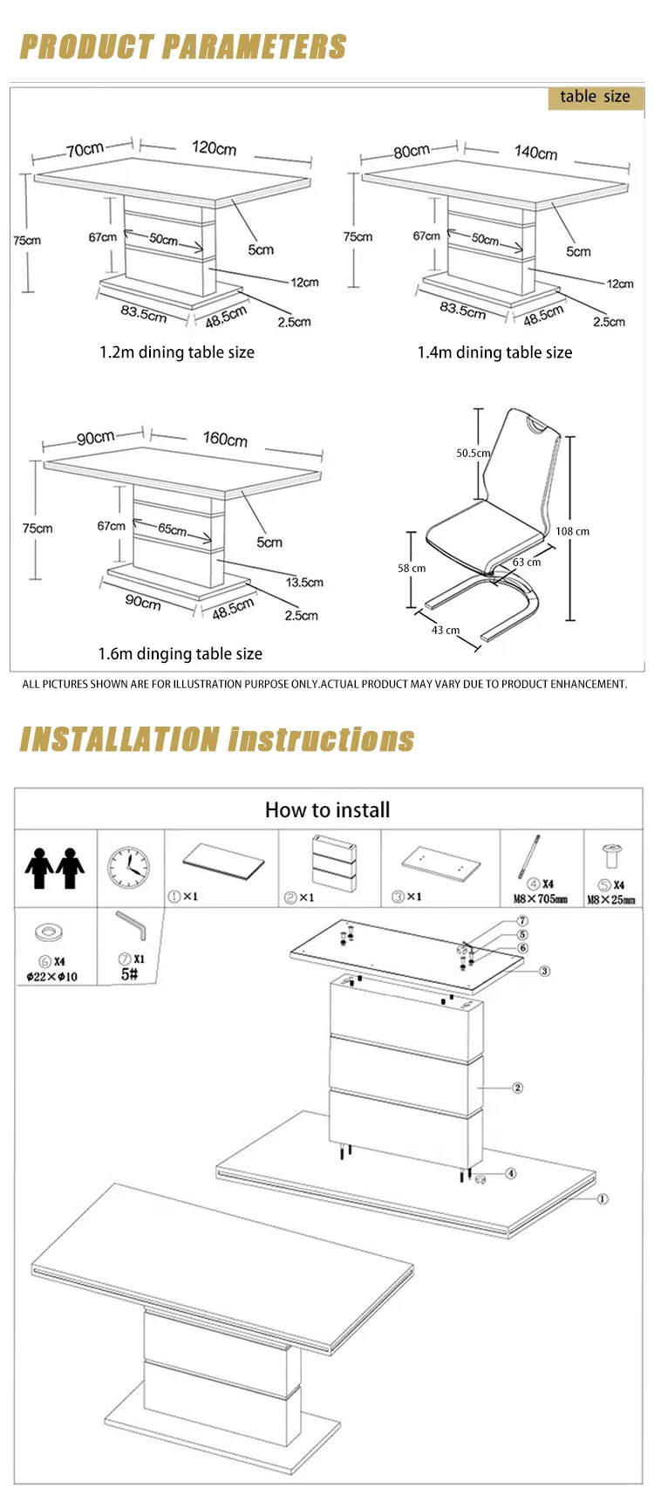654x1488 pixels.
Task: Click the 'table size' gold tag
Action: click(596, 98)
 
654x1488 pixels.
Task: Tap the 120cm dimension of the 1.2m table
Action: click(214, 148)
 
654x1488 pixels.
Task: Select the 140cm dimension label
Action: click(535, 152)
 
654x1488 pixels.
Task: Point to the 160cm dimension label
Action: click(225, 439)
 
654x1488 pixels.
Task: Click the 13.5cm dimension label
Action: click(304, 583)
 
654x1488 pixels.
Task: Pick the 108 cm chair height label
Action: click(572, 531)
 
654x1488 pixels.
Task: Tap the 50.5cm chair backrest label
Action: click(473, 453)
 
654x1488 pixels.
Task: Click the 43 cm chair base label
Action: click(446, 630)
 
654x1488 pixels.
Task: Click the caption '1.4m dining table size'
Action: click(494, 352)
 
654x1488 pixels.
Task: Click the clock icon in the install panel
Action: click(129, 868)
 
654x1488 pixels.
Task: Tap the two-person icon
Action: click(54, 868)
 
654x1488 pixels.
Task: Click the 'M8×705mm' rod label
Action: click(541, 899)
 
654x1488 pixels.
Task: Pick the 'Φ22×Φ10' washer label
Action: click(51, 977)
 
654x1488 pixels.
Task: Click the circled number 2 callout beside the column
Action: click(518, 1088)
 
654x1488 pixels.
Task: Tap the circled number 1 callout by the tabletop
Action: click(603, 1199)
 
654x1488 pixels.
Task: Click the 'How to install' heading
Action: click(327, 809)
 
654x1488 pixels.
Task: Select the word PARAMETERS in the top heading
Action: click(255, 46)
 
